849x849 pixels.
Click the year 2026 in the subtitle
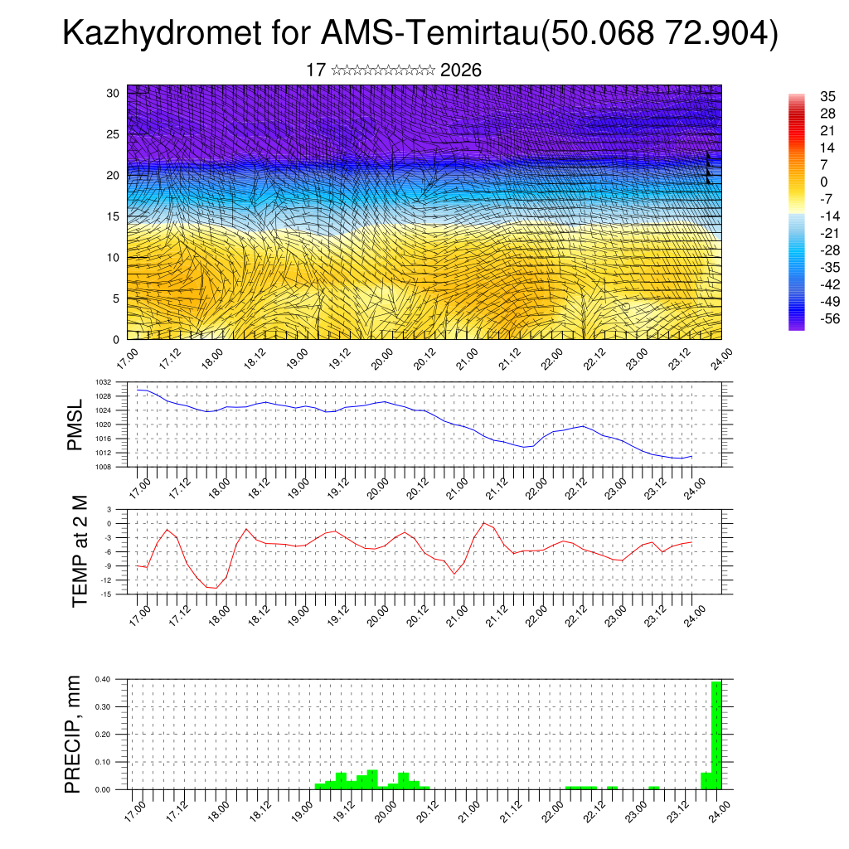(461, 70)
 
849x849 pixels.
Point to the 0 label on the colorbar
(824, 182)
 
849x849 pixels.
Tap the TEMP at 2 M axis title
(80, 551)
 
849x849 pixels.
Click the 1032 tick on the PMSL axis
(104, 382)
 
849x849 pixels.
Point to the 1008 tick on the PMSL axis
(104, 467)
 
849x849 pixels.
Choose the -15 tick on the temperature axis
(106, 594)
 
